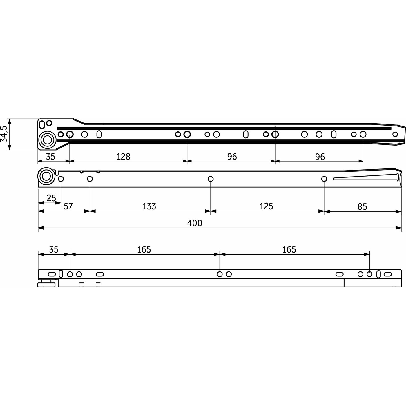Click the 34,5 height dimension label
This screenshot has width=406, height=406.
point(4,134)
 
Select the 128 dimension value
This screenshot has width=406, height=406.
point(123,157)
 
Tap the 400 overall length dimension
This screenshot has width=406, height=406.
point(195,223)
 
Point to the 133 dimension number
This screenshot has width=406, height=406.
point(149,206)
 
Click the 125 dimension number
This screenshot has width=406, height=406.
point(266,206)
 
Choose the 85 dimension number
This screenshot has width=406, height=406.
point(362,207)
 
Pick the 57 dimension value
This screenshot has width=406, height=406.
point(68,206)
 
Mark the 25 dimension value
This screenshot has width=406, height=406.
point(51,198)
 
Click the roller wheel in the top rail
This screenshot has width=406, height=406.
point(47,140)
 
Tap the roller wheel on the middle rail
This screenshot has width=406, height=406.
point(46,176)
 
